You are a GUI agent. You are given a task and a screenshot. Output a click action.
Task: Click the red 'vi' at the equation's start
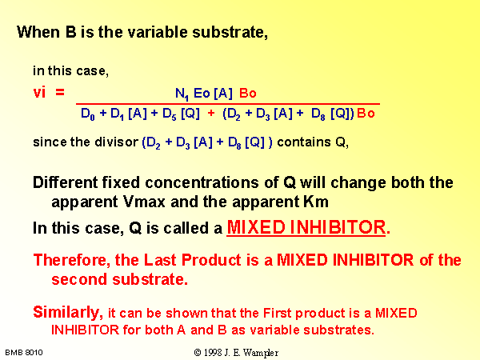pyautogui.click(x=39, y=92)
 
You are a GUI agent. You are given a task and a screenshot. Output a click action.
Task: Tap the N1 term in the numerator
pyautogui.click(x=182, y=94)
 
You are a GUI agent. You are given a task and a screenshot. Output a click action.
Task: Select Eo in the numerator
pyautogui.click(x=202, y=93)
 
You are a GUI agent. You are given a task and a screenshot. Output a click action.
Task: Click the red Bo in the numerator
pyautogui.click(x=248, y=93)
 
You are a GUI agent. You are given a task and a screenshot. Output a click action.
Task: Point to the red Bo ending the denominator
pyautogui.click(x=366, y=114)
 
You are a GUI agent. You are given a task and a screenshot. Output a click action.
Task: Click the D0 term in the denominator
pyautogui.click(x=88, y=114)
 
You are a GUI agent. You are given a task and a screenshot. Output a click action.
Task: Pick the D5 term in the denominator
pyautogui.click(x=170, y=114)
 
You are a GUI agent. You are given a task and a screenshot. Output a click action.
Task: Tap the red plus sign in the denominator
pyautogui.click(x=211, y=114)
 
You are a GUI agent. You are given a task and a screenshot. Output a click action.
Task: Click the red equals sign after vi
pyautogui.click(x=60, y=92)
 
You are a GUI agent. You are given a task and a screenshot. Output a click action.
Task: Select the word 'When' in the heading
pyautogui.click(x=38, y=32)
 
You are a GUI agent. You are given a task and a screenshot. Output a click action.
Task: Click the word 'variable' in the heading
pyautogui.click(x=158, y=32)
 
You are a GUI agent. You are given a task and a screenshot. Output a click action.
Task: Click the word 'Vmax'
pyautogui.click(x=144, y=202)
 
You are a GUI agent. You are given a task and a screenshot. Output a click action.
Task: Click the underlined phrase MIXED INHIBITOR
pyautogui.click(x=306, y=227)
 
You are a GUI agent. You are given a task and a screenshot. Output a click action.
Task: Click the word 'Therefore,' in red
pyautogui.click(x=72, y=260)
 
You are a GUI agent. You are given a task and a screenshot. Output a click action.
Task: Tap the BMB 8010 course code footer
pyautogui.click(x=24, y=353)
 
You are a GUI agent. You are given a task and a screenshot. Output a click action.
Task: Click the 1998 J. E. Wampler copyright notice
pyautogui.click(x=236, y=353)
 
